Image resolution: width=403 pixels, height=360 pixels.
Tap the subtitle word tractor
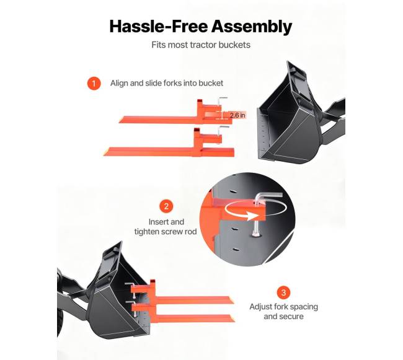coord(203,45)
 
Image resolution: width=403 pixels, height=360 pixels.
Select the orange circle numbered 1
coord(94,83)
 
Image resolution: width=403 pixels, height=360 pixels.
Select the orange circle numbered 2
coord(166,206)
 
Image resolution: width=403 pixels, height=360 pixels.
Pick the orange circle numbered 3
coord(283,292)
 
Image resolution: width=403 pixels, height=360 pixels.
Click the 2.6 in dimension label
coord(237,115)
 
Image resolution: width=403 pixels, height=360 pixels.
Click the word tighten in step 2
coord(146,232)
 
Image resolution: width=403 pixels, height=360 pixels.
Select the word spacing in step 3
coord(304,307)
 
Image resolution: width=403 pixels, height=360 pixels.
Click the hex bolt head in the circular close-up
coord(256,234)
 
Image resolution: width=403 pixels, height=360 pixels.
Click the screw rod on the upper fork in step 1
coord(220,107)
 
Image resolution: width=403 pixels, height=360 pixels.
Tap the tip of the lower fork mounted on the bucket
coord(234,318)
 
